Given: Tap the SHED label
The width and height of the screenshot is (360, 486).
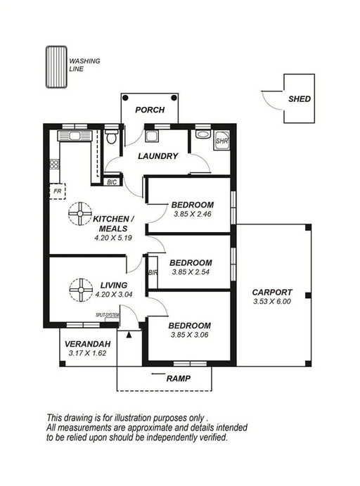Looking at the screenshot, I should (299, 100).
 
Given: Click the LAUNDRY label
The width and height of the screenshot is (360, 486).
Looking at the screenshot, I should (157, 156).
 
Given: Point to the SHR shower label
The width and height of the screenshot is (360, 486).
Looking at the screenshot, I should (221, 140).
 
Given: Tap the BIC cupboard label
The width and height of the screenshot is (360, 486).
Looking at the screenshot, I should (111, 182).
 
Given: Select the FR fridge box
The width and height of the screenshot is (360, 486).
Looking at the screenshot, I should (56, 191).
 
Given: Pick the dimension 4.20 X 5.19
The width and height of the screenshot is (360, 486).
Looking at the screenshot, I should (113, 238).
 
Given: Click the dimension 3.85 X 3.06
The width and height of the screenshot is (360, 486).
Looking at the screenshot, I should (190, 335).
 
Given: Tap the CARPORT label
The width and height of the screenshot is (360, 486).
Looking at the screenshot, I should (272, 293).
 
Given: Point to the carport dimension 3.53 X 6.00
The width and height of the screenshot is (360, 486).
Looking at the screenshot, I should (272, 302).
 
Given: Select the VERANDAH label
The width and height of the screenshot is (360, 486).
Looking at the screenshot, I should (86, 344).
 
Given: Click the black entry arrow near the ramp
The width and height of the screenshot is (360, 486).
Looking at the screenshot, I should (129, 334).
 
